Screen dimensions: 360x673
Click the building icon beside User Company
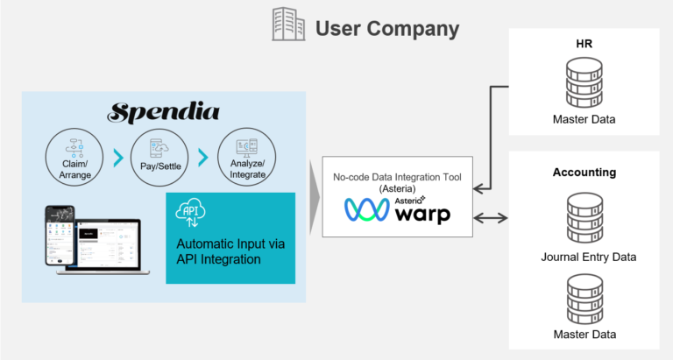point(288,25)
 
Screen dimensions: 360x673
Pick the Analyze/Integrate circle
point(242,154)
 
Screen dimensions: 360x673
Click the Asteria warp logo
point(398,210)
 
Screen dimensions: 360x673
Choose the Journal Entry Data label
point(584,257)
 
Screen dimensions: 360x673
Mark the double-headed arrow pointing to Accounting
point(492,215)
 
